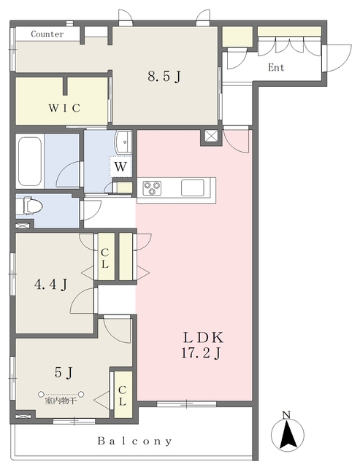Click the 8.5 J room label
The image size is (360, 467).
(164, 77)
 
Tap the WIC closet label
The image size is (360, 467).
(64, 108)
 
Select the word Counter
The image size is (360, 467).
(47, 34)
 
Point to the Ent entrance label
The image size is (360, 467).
(276, 68)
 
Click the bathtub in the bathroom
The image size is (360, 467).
(29, 161)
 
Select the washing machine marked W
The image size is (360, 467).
(120, 166)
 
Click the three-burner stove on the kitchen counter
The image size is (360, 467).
(152, 188)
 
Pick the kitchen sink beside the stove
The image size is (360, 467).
(193, 188)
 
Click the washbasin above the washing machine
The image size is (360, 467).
(123, 142)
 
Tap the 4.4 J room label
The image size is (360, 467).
(50, 285)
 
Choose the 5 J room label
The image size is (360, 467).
(64, 372)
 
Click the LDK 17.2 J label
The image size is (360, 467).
(202, 345)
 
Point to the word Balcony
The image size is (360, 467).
(134, 441)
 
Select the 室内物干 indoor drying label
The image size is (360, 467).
(61, 401)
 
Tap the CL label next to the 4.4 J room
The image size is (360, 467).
(104, 258)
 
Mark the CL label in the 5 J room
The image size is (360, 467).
(122, 395)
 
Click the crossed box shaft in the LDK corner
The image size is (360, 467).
(211, 136)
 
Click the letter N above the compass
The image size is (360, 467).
(286, 415)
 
